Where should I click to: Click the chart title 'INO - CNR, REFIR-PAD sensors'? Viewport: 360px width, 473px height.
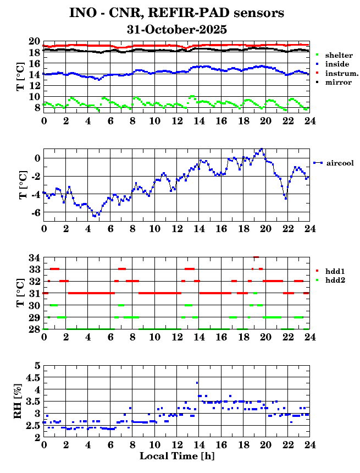(176, 13)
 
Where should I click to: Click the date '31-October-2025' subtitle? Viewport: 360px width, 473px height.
(176, 29)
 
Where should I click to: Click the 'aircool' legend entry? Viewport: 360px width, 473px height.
(339, 163)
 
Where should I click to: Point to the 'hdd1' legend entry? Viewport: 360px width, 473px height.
(335, 271)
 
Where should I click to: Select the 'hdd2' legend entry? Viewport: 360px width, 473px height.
(335, 280)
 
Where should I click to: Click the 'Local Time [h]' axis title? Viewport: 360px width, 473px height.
(176, 457)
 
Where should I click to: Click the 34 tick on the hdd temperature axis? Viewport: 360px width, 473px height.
(34, 257)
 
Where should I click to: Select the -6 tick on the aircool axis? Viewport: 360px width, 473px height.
(35, 212)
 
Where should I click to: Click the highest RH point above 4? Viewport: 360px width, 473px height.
(197, 383)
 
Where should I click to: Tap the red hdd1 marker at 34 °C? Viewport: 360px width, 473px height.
(256, 257)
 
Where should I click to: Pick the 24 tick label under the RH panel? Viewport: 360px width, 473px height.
(309, 444)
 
